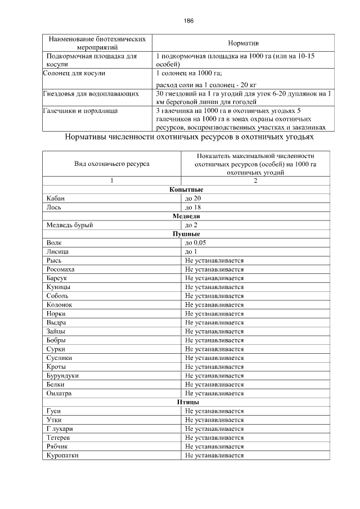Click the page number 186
[188, 21]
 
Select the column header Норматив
[243, 43]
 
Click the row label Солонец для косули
[74, 73]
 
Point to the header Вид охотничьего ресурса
[112, 164]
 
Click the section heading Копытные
[186, 190]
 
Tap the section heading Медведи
[186, 216]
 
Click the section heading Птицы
[186, 402]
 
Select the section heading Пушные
[186, 233]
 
